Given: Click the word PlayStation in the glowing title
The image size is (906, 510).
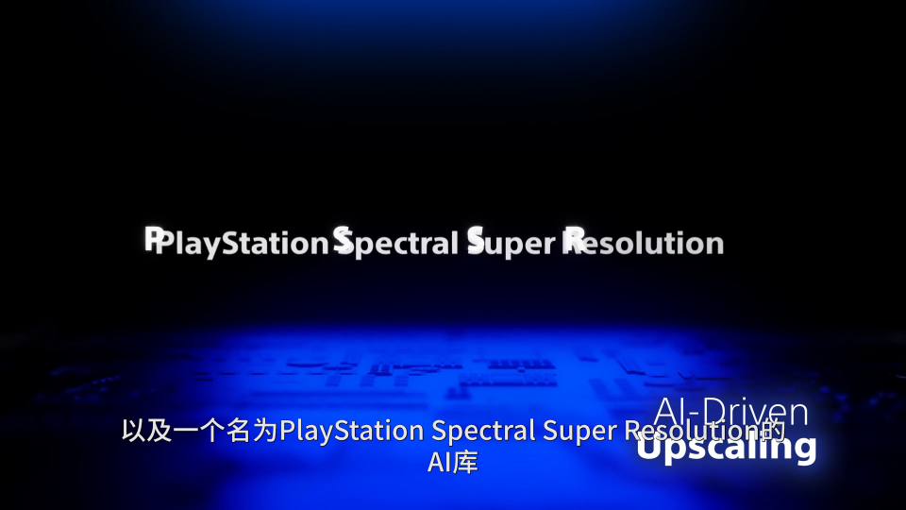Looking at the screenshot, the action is tap(237, 243).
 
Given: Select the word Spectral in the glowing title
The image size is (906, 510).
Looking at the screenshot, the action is tap(395, 242).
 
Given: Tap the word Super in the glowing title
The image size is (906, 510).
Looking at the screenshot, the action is tap(512, 243).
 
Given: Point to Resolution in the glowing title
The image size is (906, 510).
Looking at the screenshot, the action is tap(643, 242).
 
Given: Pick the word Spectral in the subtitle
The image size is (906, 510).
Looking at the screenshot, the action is tap(483, 431).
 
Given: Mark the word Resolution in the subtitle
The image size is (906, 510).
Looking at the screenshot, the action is tap(692, 431).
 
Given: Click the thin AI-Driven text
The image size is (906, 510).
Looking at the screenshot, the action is tap(730, 412).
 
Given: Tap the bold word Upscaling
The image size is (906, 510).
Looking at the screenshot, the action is tap(727, 447).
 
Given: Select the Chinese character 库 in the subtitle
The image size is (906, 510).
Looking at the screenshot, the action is tap(465, 463).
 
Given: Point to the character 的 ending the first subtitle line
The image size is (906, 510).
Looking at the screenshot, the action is tap(773, 431).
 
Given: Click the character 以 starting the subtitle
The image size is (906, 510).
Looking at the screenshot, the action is tap(134, 431).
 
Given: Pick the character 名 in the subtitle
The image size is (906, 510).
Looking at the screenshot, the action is tap(239, 431).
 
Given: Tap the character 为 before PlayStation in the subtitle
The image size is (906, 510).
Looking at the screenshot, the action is tap(265, 431).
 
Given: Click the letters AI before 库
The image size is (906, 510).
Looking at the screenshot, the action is tap(439, 463).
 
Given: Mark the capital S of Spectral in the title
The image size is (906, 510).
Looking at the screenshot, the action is tap(344, 240).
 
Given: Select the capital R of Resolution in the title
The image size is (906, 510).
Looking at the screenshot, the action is tap(573, 240).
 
